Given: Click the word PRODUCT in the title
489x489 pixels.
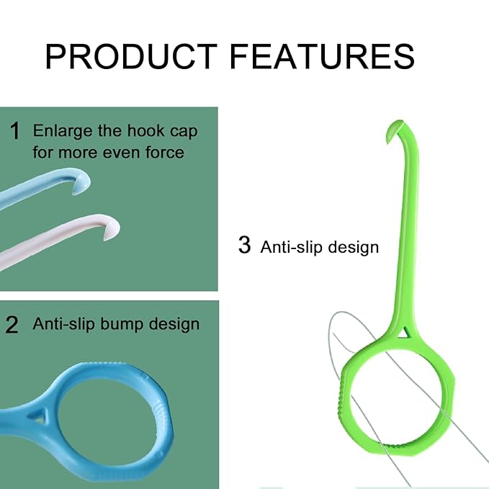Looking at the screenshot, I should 130,56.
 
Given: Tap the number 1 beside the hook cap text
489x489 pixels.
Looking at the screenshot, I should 15,132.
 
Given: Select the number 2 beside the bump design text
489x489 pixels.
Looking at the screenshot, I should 12,325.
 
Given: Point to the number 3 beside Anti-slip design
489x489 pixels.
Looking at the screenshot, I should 245,246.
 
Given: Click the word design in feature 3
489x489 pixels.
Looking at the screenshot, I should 353,247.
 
